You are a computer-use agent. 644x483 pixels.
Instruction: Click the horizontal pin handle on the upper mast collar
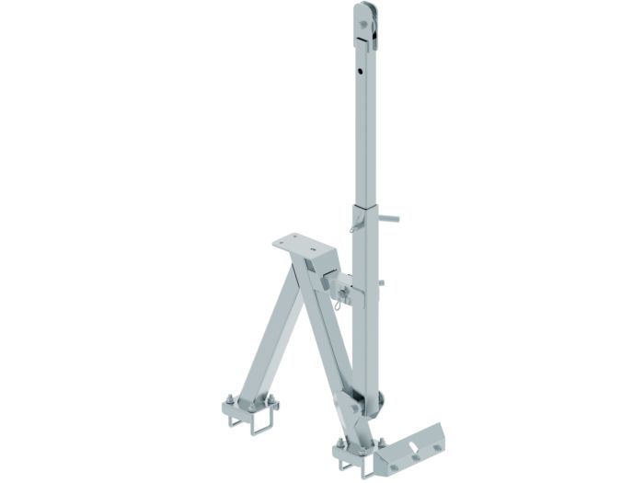(x=390, y=219)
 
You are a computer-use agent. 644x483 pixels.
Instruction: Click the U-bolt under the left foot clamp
(x=251, y=425)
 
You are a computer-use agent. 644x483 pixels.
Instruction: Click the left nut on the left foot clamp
(x=228, y=397)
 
